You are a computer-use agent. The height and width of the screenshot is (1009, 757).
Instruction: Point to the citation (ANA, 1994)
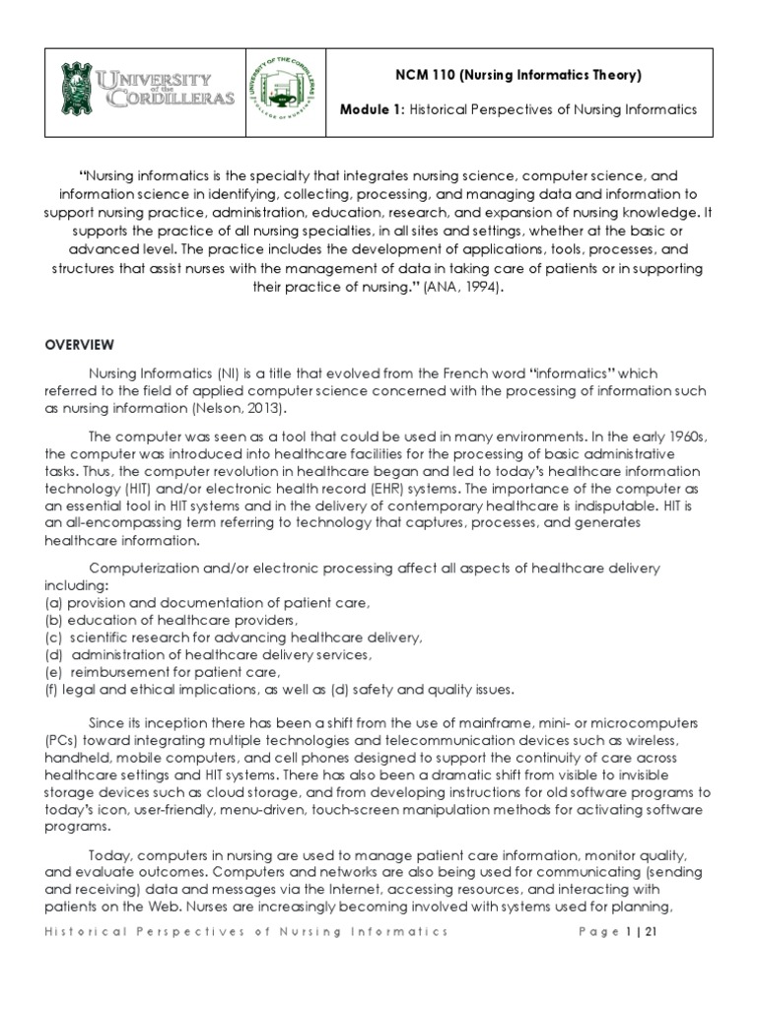468,289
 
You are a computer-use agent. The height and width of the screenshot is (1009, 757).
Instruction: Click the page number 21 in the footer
650,931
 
